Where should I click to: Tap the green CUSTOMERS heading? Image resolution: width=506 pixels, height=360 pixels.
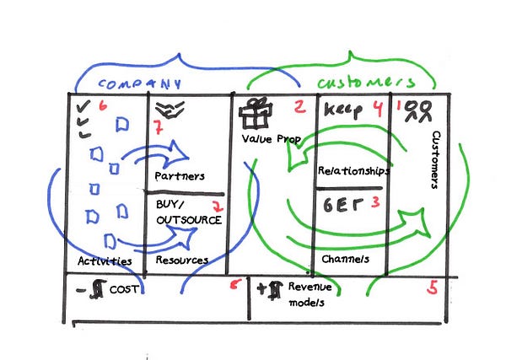tap(366, 82)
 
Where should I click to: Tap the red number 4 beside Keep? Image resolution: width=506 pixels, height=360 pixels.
tap(378, 108)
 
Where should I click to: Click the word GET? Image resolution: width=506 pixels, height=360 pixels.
tap(341, 203)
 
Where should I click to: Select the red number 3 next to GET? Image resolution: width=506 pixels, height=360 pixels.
tap(375, 202)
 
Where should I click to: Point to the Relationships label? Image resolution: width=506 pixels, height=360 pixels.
tap(353, 171)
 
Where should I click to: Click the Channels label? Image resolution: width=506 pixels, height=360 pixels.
tap(345, 259)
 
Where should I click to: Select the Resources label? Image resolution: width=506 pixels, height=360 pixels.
tap(180, 261)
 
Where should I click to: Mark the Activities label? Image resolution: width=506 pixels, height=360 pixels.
tap(105, 261)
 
